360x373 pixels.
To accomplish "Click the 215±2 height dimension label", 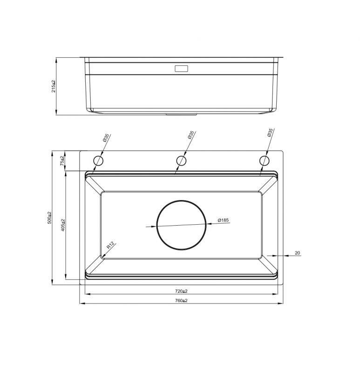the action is coord(54,86).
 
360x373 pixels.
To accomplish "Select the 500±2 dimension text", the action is coord(49,217).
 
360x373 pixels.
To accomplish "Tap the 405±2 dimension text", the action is coord(63,225).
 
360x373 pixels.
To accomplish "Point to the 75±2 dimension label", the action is coord(62,161).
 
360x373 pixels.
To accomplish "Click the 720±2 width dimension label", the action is coord(181,291).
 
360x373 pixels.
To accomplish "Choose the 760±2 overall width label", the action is coord(181,301).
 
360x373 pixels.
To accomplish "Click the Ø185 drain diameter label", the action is coord(223,220).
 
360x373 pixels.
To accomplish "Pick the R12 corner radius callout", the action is coord(110,245).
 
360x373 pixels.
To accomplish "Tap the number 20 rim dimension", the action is coord(297,253).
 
